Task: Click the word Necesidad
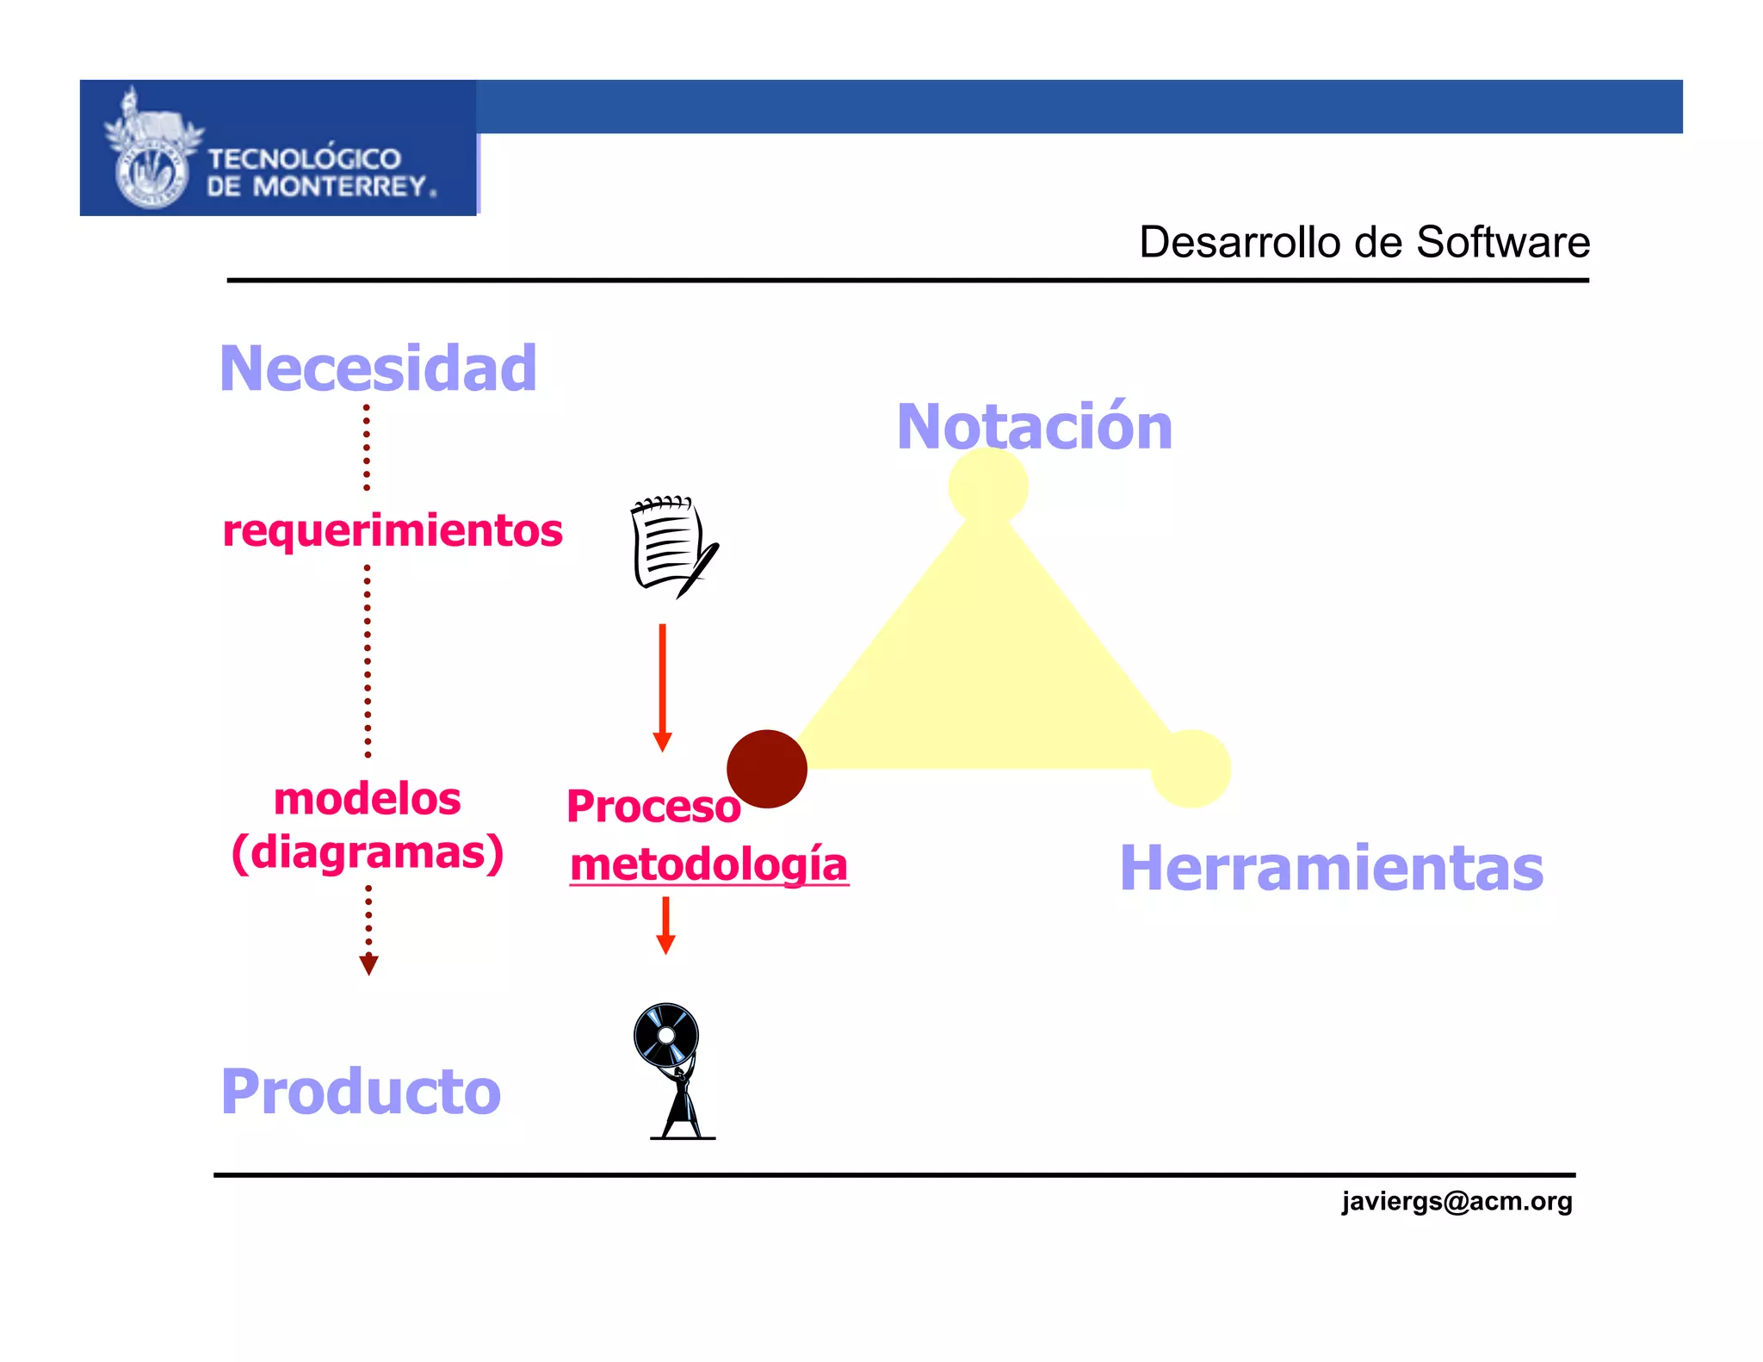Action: click(378, 368)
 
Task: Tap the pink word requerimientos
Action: click(393, 530)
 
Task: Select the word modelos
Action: click(368, 799)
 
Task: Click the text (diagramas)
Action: click(368, 852)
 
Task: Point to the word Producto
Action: click(361, 1092)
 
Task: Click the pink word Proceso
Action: click(653, 807)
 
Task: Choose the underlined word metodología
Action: click(709, 864)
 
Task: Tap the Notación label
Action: click(1034, 426)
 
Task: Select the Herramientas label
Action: click(1331, 868)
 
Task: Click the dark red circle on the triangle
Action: click(766, 769)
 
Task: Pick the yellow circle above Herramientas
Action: click(1191, 769)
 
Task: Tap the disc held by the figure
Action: click(666, 1034)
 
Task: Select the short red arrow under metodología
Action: click(665, 926)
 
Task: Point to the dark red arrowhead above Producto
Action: click(368, 964)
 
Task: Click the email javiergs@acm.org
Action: click(1457, 1201)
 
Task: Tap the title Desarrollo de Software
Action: click(1364, 242)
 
